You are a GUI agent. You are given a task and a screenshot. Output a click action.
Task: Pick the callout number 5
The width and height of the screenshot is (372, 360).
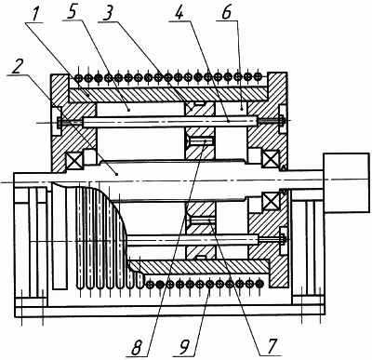tap(72, 13)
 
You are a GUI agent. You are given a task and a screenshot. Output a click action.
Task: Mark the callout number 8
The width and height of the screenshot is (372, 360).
tap(138, 348)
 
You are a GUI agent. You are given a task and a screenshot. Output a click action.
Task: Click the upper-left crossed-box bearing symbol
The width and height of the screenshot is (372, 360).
tap(73, 160)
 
